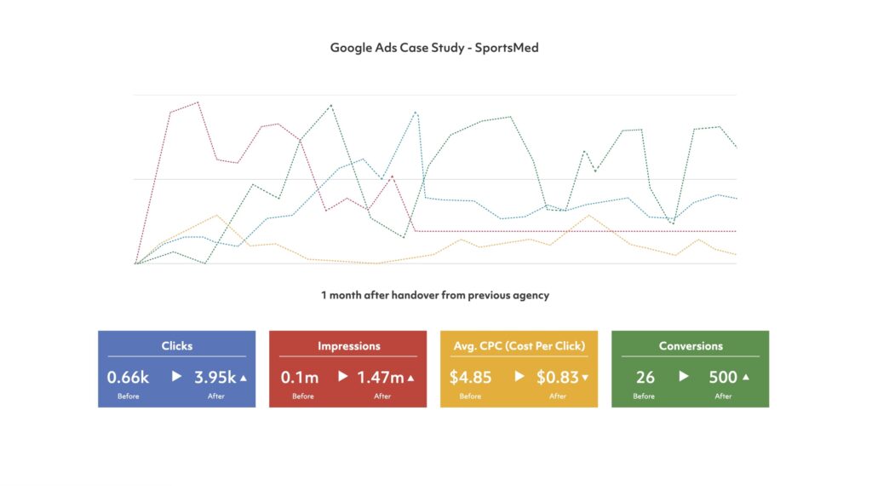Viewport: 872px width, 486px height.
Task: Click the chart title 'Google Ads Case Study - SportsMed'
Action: tap(434, 48)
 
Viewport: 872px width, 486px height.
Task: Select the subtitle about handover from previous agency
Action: tap(435, 296)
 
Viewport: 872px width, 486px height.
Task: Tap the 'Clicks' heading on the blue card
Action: tap(177, 346)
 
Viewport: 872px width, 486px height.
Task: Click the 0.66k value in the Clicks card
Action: tap(128, 377)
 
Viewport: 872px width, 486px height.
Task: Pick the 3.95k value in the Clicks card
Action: tap(215, 377)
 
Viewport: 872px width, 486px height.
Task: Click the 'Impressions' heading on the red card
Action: tap(348, 346)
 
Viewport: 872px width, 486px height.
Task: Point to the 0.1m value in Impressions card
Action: tap(300, 377)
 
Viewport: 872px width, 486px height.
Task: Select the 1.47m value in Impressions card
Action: tap(380, 377)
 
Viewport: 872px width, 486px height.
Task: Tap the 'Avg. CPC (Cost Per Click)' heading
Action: tap(519, 346)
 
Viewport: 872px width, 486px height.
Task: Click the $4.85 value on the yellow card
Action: tap(471, 377)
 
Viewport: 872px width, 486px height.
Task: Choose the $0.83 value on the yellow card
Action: tap(557, 377)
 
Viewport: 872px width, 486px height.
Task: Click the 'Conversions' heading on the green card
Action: tap(691, 346)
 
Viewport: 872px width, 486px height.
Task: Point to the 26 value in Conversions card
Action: tap(645, 377)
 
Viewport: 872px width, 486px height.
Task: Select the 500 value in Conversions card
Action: tap(723, 377)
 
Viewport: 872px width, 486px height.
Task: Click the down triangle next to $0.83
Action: tap(585, 377)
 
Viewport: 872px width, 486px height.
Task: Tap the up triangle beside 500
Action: tap(746, 377)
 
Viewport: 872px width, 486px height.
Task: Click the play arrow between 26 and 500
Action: tap(684, 376)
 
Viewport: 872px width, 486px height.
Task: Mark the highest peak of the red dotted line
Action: tap(198, 102)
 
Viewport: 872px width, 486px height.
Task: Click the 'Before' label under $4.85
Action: tap(471, 396)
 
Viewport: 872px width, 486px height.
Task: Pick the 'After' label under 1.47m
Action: tap(382, 396)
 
